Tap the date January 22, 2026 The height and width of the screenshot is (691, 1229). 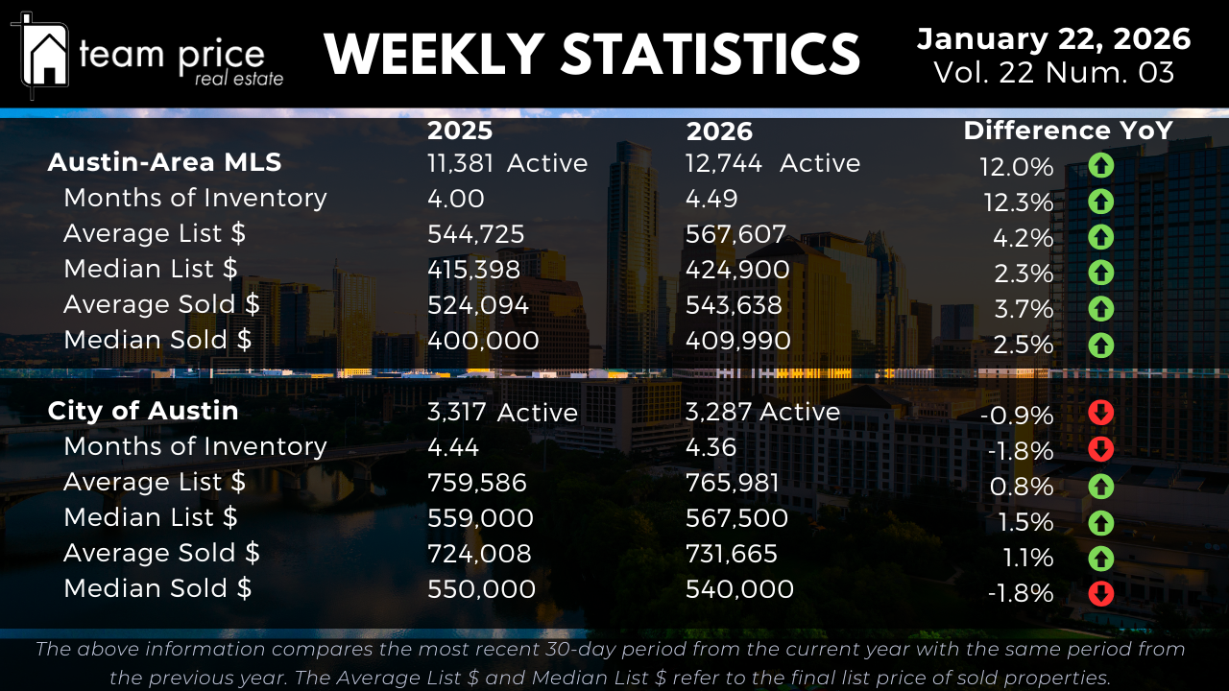click(1053, 39)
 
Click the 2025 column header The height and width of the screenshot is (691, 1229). click(460, 131)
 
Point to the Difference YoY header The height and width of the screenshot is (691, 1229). click(1068, 131)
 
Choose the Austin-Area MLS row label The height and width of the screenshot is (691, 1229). click(164, 162)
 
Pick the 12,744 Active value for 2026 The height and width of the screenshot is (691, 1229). click(772, 163)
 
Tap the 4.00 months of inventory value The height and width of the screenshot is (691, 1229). click(456, 199)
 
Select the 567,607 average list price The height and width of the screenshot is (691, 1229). click(735, 234)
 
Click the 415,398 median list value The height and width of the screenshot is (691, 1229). click(473, 270)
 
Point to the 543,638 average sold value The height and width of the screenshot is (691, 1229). click(734, 305)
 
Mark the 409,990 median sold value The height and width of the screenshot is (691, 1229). click(737, 341)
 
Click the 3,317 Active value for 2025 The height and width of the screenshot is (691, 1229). click(502, 413)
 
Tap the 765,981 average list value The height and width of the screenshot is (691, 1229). click(733, 483)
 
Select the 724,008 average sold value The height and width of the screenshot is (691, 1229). click(479, 554)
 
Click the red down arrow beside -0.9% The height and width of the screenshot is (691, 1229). click(1100, 414)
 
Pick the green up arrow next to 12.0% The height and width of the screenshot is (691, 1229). click(1100, 166)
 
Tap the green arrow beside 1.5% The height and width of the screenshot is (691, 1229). click(1100, 522)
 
